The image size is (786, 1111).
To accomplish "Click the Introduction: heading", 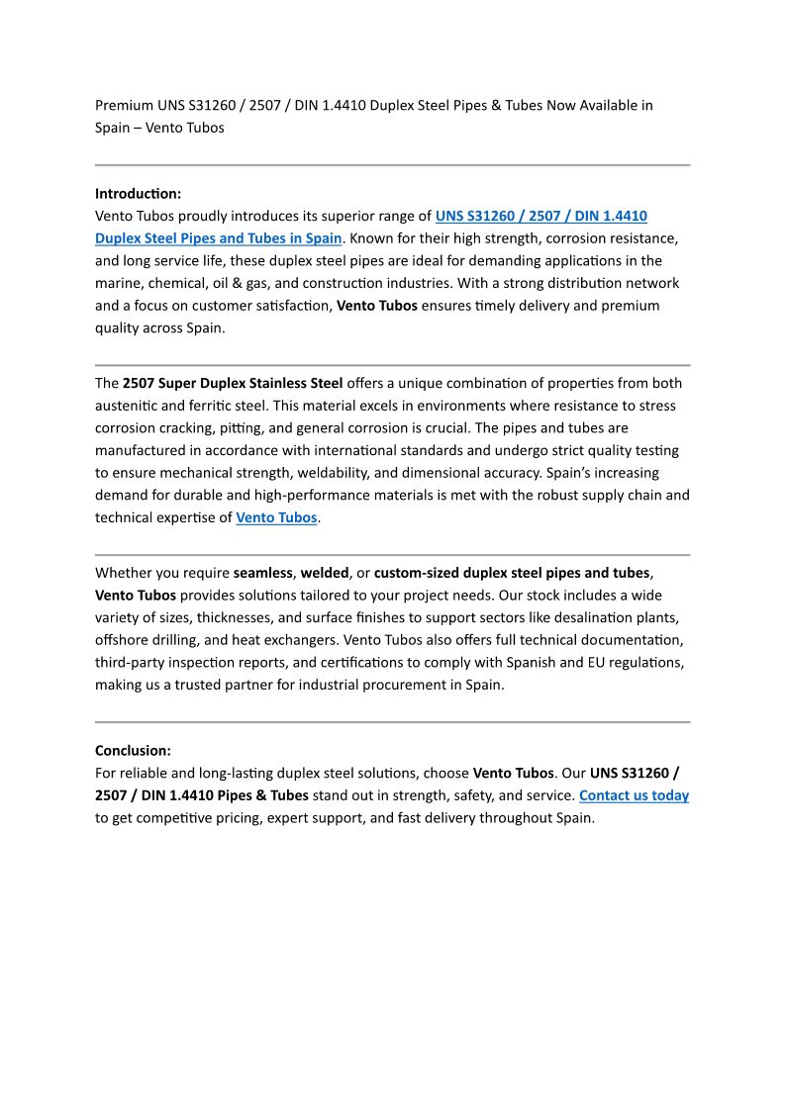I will click(x=138, y=194).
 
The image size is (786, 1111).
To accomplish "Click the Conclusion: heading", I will click(x=133, y=750).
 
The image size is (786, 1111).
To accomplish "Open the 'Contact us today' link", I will click(x=634, y=795).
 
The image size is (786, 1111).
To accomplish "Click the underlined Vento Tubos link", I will click(x=276, y=517).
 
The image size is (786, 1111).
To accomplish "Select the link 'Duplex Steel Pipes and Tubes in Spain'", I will click(x=218, y=238).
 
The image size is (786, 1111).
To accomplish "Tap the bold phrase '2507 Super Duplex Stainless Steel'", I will click(x=233, y=383).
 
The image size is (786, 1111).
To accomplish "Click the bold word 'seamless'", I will click(x=263, y=573).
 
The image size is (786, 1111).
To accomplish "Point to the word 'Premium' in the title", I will click(x=124, y=105).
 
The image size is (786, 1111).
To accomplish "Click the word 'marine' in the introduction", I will click(x=117, y=283).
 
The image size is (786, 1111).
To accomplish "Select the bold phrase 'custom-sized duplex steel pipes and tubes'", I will click(x=512, y=573).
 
